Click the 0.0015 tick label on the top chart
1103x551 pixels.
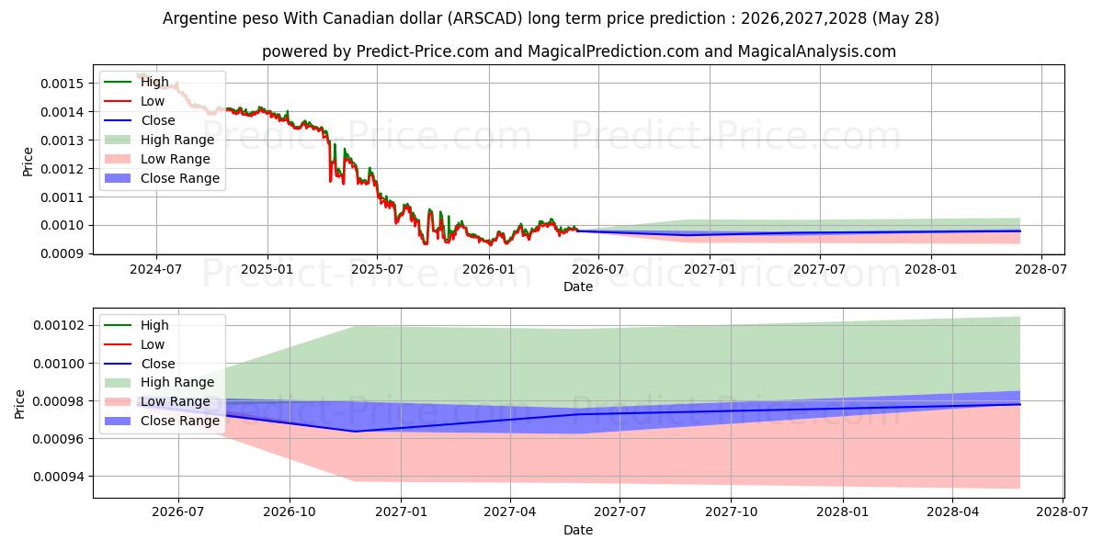pyautogui.click(x=63, y=84)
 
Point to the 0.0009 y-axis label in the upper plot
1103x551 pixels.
pyautogui.click(x=63, y=253)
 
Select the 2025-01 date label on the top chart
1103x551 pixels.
pyautogui.click(x=267, y=270)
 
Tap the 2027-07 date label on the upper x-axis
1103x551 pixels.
pyautogui.click(x=819, y=270)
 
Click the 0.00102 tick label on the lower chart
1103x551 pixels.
pyautogui.click(x=59, y=326)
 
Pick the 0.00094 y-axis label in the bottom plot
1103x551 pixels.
pyautogui.click(x=59, y=477)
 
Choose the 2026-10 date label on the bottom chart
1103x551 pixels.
pyautogui.click(x=289, y=512)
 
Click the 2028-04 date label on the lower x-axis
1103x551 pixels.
pyautogui.click(x=953, y=512)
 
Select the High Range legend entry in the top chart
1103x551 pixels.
pyautogui.click(x=160, y=140)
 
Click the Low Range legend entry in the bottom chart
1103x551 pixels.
pyautogui.click(x=157, y=401)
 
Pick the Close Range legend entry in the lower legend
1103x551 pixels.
pyautogui.click(x=162, y=421)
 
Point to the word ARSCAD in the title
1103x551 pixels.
pyautogui.click(x=486, y=18)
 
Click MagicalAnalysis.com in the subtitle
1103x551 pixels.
pyautogui.click(x=816, y=51)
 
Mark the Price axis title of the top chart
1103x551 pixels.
pyautogui.click(x=28, y=162)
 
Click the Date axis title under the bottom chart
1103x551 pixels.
pyautogui.click(x=578, y=530)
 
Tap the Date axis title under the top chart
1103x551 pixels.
pyautogui.click(x=578, y=287)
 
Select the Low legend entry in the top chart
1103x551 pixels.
pyautogui.click(x=134, y=101)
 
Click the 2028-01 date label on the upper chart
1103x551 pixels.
pyautogui.click(x=930, y=270)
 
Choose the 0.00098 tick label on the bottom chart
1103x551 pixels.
pyautogui.click(x=59, y=401)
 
